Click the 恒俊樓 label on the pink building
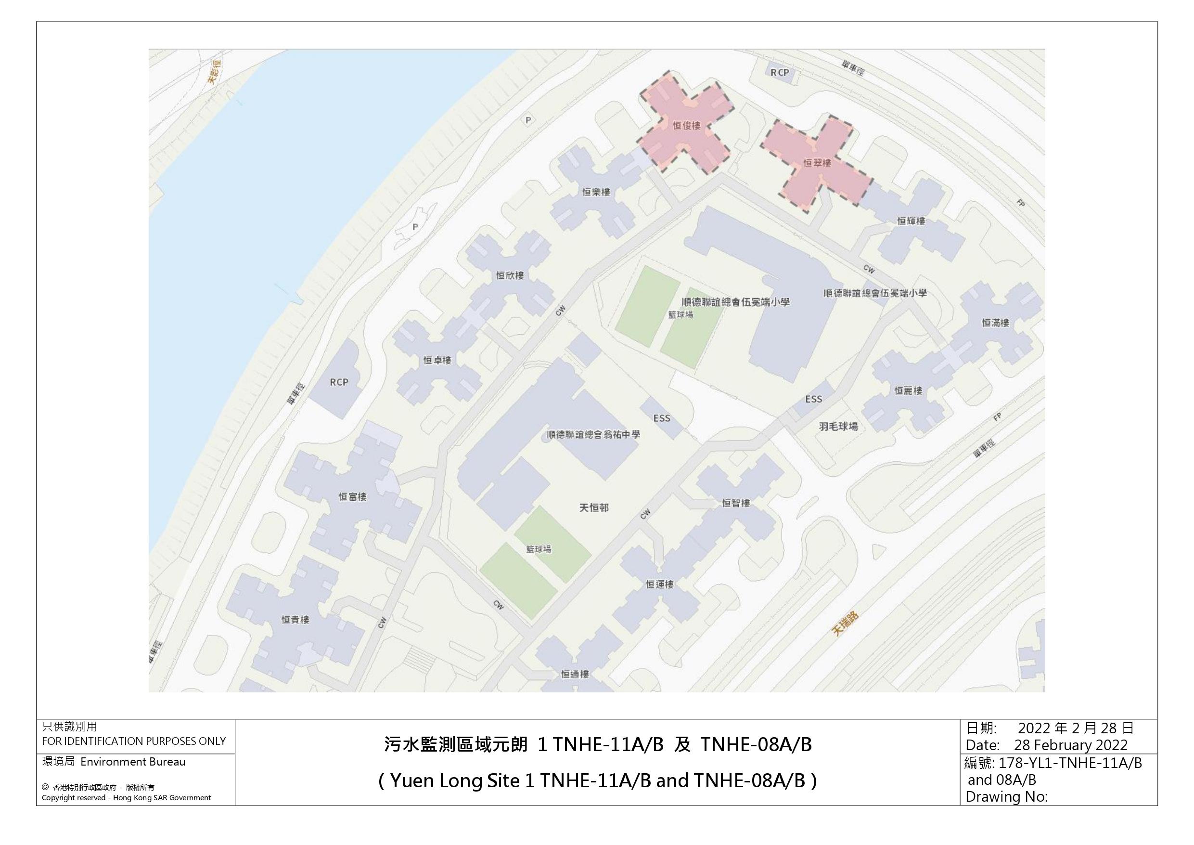686,125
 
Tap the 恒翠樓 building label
817,163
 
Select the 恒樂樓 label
596,192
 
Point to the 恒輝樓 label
911,221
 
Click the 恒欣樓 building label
510,275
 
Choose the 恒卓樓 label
437,360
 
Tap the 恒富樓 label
353,497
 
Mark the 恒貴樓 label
295,620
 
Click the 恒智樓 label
736,503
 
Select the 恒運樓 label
659,585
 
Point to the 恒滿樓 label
995,323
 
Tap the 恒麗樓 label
908,391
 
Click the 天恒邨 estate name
594,507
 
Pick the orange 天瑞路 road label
845,624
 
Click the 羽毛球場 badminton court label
838,427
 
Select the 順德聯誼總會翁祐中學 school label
593,434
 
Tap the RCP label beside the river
338,382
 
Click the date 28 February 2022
1071,745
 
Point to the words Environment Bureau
133,762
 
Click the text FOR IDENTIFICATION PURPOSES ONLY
134,741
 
